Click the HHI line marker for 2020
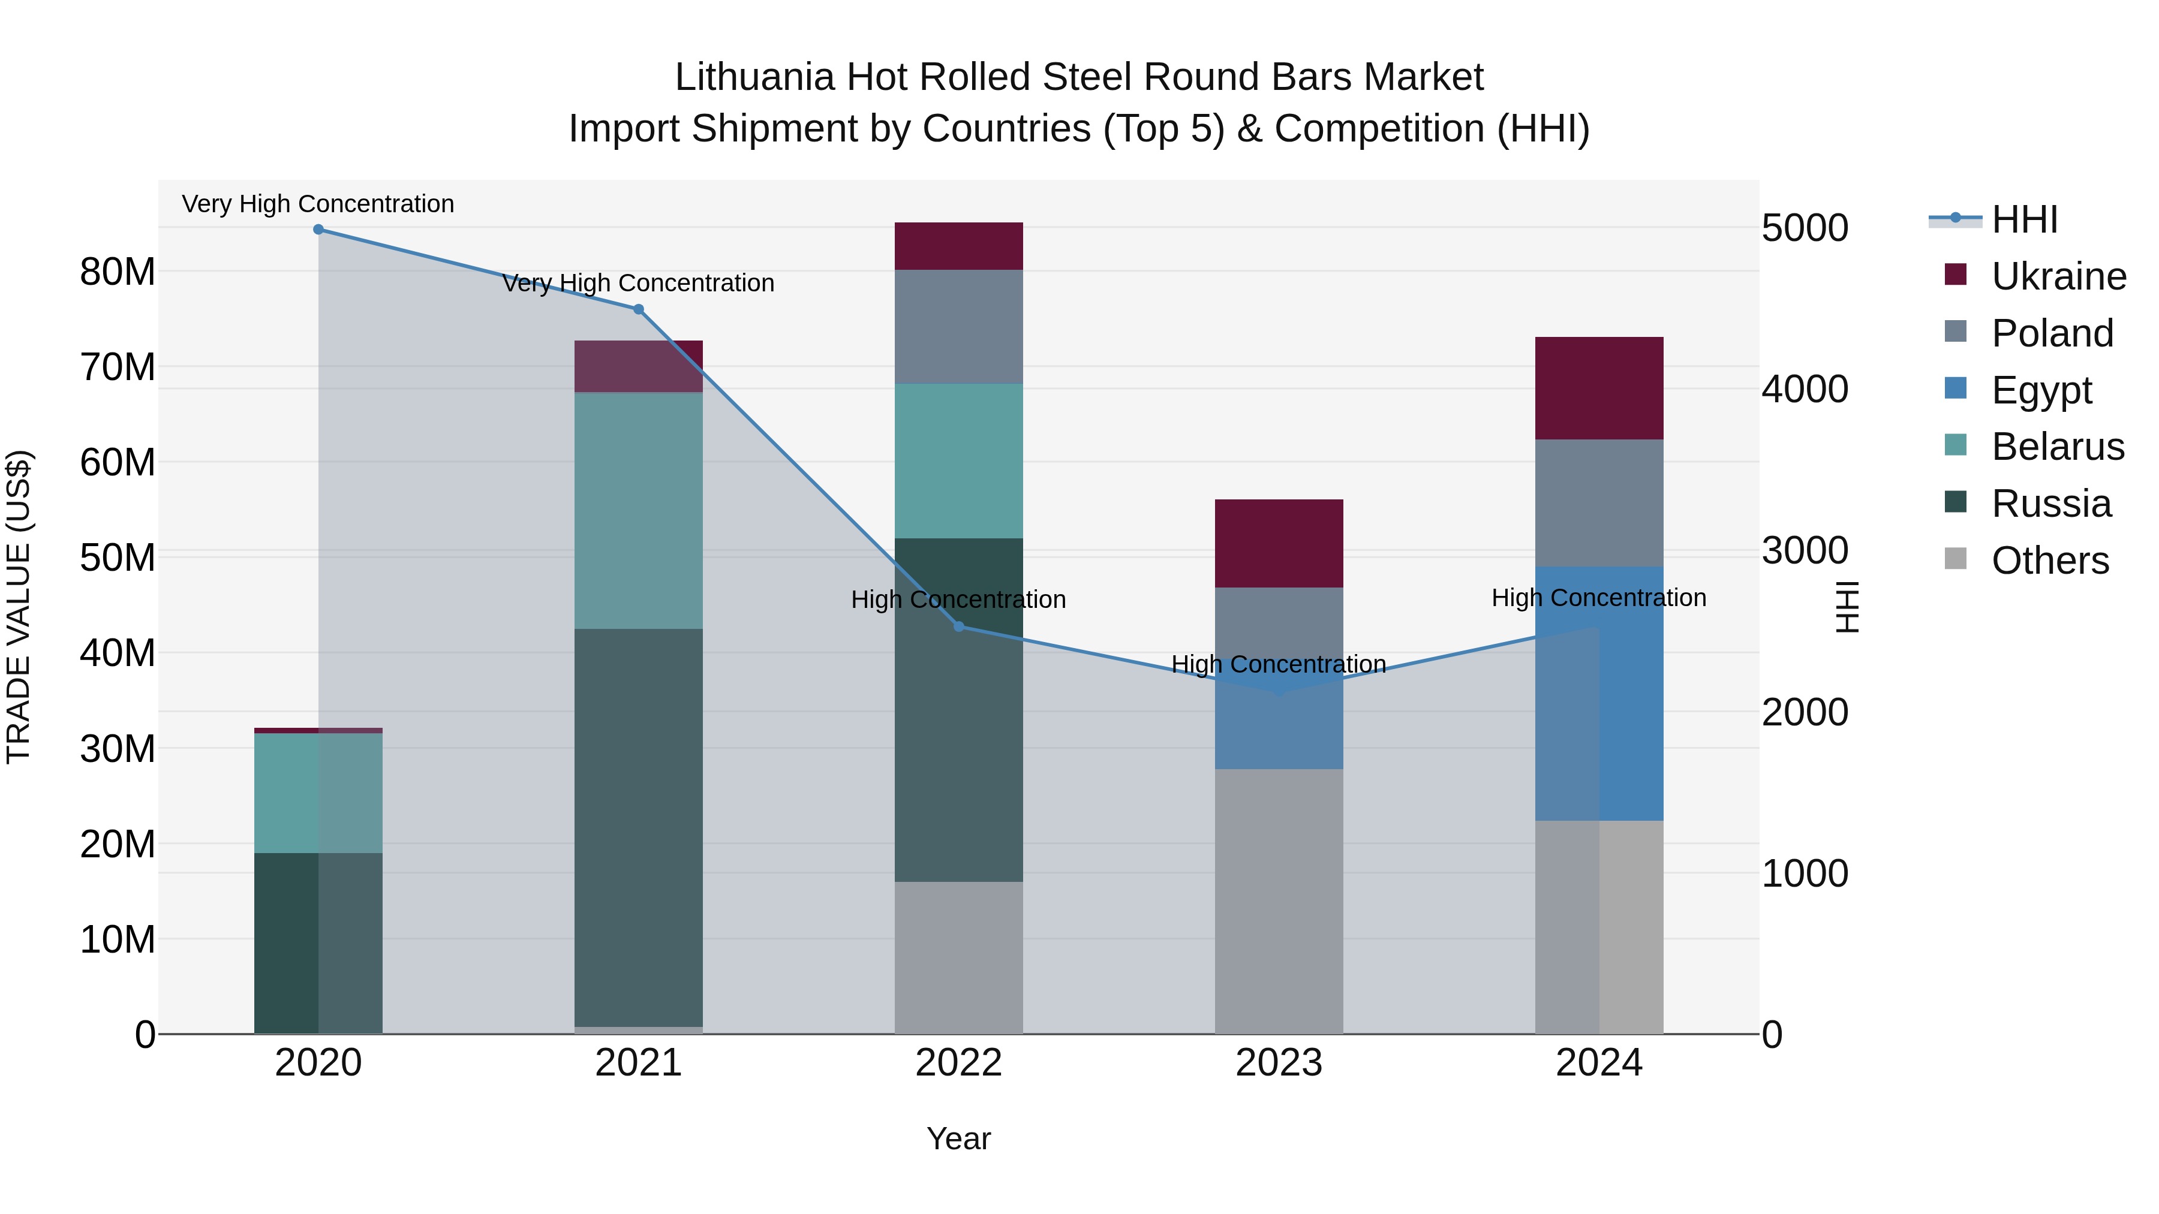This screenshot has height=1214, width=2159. [x=318, y=230]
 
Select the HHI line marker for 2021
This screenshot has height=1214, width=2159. [x=639, y=310]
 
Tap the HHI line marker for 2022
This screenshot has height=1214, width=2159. [x=959, y=626]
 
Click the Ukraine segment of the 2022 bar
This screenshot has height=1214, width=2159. [x=959, y=246]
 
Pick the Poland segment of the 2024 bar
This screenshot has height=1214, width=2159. [x=1599, y=503]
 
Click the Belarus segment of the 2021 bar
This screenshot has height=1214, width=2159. [x=639, y=510]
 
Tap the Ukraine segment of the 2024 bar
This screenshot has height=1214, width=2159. [x=1599, y=388]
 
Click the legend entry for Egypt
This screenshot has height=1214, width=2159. [x=2041, y=390]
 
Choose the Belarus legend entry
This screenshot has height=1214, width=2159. [x=2057, y=447]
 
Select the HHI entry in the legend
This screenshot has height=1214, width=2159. [x=2023, y=219]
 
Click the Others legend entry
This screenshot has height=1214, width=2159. [x=2049, y=561]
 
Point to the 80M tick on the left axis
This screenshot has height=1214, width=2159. [x=118, y=272]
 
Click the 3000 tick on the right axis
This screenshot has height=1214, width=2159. [x=1805, y=550]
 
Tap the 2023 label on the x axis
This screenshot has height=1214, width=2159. [x=1279, y=1063]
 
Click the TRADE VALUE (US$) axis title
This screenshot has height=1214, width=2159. [x=19, y=607]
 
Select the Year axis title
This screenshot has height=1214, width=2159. [x=959, y=1138]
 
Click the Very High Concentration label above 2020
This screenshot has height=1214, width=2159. [x=318, y=204]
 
